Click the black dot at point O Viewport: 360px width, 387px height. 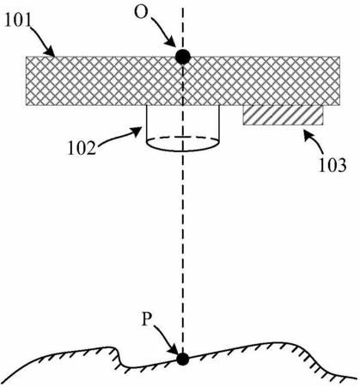click(183, 57)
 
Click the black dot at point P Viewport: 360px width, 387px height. click(182, 359)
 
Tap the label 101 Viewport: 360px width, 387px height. click(18, 21)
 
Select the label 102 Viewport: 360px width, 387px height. click(82, 149)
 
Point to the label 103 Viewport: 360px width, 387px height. click(333, 166)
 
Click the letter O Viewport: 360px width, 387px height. click(141, 13)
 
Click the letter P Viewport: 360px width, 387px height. click(146, 319)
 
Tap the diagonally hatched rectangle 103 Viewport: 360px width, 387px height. click(283, 115)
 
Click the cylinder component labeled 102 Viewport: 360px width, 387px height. click(183, 128)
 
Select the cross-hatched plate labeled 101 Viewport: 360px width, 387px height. click(183, 81)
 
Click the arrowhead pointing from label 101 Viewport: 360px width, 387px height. click(50, 52)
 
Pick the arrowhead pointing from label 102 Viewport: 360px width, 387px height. click(137, 132)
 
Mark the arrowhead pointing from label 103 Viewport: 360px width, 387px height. click(308, 134)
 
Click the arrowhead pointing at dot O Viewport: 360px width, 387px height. click(171, 42)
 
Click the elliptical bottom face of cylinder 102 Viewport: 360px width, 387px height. click(183, 144)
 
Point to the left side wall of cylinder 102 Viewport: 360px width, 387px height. click(147, 123)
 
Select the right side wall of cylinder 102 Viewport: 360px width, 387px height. click(219, 123)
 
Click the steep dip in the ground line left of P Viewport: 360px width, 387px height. click(119, 357)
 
